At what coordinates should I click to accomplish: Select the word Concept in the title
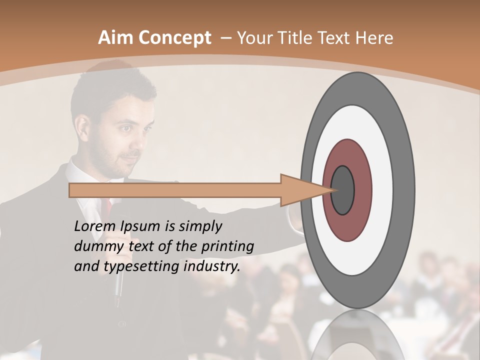point(174,38)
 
